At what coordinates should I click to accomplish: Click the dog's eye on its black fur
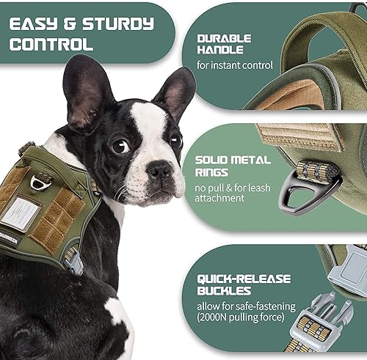tap(120, 147)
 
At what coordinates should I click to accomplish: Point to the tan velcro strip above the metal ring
tap(291, 137)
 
